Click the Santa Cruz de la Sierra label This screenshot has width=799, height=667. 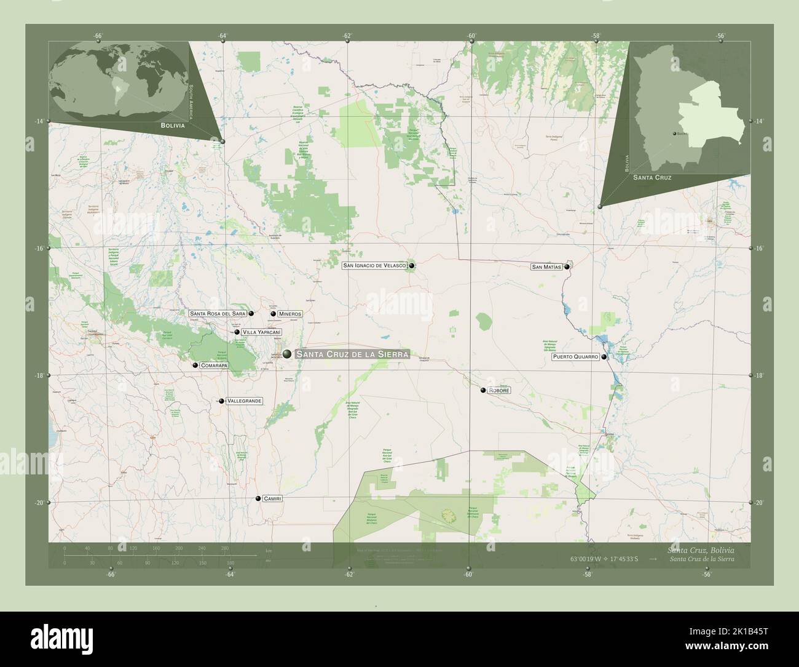point(352,354)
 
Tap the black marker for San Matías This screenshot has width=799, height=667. point(567,267)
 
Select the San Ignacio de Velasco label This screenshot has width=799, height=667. point(374,266)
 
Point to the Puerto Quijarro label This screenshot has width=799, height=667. point(575,357)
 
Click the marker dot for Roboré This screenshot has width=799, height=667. point(483,390)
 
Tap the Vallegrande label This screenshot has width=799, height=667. point(245,401)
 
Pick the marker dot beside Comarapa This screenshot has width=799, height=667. point(195,365)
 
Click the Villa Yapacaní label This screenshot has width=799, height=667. point(262,332)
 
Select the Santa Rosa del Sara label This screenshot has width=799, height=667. point(218,313)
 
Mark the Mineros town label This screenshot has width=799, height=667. point(290,314)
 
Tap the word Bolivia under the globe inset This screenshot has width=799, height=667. point(173,125)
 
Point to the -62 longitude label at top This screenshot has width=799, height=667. point(348,36)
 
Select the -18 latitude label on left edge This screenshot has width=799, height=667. point(39,375)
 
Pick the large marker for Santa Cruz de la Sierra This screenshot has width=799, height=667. point(288,354)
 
